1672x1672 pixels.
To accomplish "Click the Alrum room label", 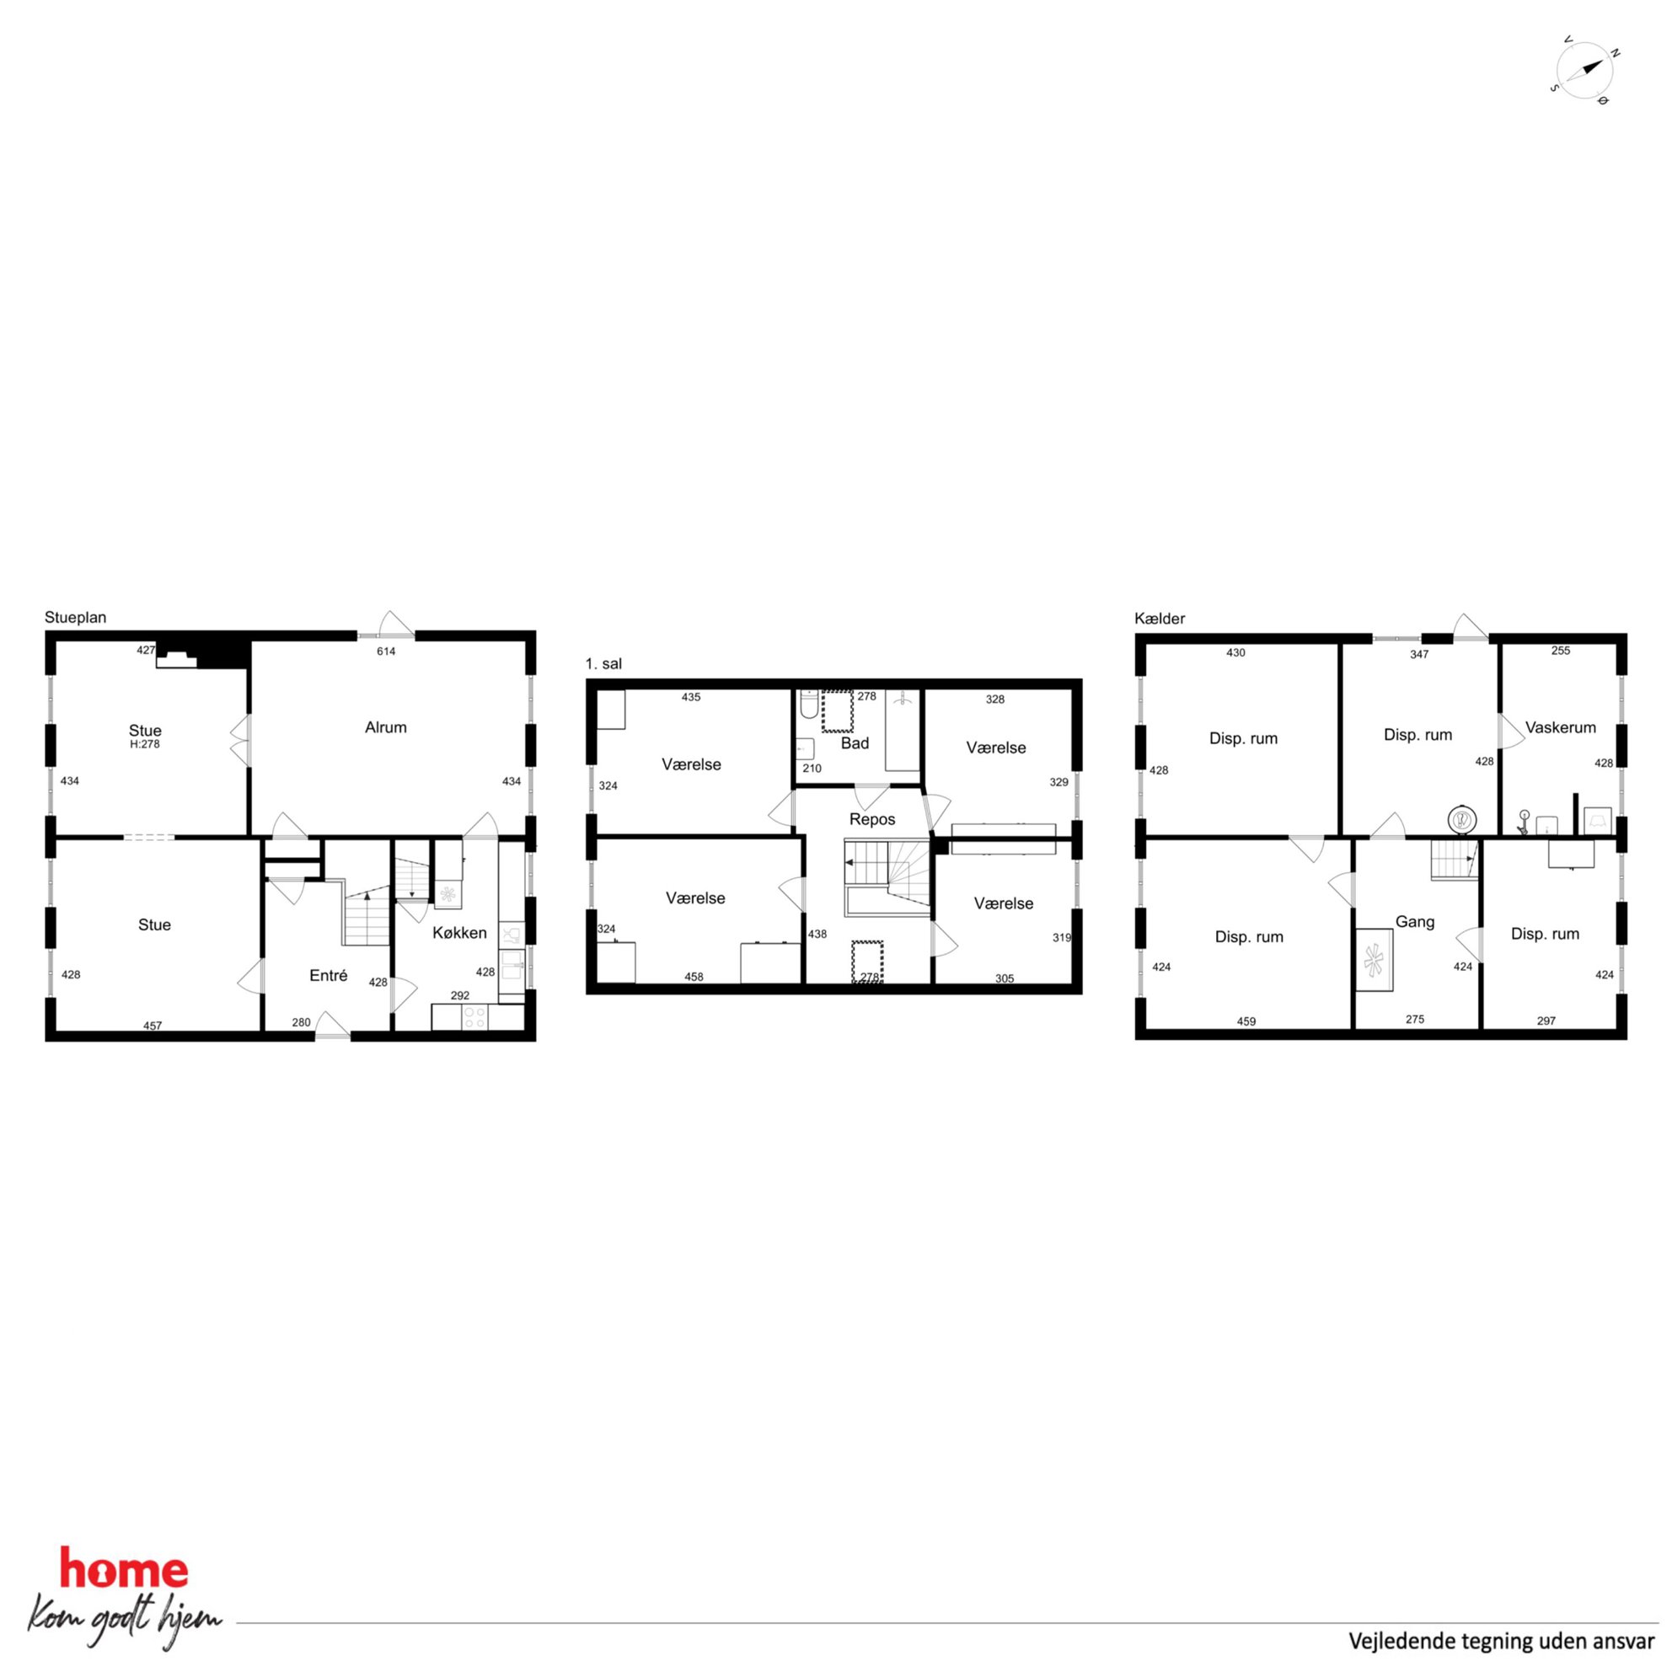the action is [x=385, y=728].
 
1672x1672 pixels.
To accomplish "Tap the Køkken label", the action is [x=459, y=933].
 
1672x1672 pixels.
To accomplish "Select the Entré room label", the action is [x=328, y=975].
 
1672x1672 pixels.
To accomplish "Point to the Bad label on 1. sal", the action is [x=855, y=743].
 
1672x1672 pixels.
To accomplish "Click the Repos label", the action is [x=872, y=819].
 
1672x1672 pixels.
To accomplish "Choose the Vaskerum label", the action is [x=1561, y=728].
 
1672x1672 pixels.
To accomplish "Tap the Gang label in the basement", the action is [x=1415, y=923].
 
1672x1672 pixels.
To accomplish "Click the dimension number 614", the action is [x=386, y=651].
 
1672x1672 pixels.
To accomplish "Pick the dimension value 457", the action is [x=153, y=1026].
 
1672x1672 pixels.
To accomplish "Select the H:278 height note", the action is [x=144, y=744].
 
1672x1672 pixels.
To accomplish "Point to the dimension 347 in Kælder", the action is [x=1419, y=654].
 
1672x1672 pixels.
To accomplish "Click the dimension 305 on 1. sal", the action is [x=1004, y=978].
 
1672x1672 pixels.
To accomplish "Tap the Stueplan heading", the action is [x=75, y=618].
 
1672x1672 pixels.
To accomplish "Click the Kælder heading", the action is [x=1160, y=619].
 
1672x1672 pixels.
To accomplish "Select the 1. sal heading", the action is [x=603, y=664].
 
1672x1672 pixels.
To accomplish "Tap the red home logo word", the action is [x=124, y=1571].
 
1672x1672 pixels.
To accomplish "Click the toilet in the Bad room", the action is [x=809, y=705].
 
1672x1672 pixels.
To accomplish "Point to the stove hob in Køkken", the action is [x=475, y=1018].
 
